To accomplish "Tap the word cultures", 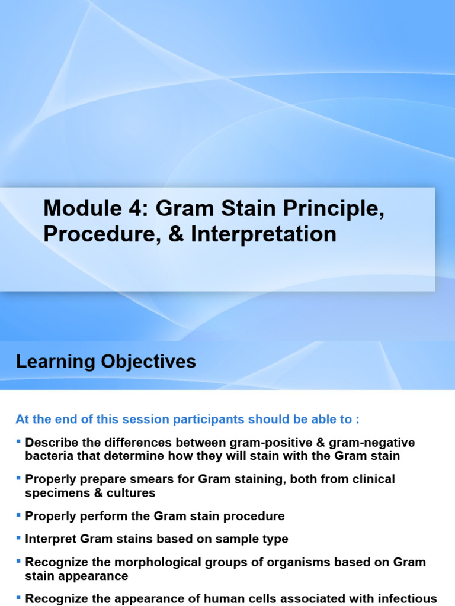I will click(132, 492).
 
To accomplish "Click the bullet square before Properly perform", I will click(19, 515).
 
